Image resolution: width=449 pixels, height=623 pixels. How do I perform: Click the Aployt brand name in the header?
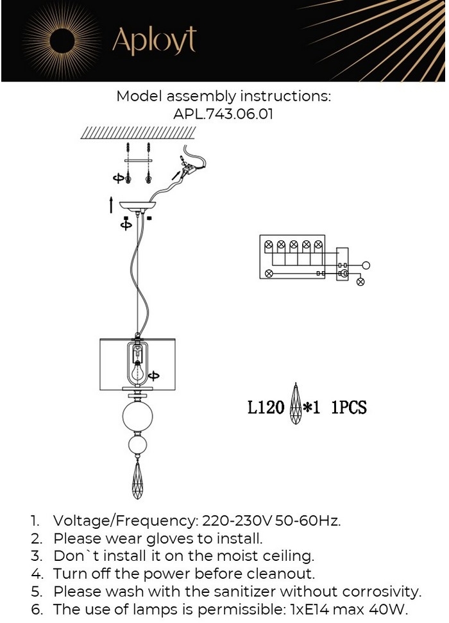[154, 41]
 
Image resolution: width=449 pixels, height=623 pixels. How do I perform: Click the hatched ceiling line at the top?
[138, 133]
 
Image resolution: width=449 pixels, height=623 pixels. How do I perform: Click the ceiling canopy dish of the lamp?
[138, 207]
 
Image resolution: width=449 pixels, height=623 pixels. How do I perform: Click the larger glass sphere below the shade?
[137, 417]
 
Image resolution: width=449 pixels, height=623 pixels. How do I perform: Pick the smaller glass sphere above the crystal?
[137, 445]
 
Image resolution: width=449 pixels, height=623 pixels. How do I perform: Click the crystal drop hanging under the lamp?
[137, 480]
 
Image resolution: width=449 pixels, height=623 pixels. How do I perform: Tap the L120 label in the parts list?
[265, 407]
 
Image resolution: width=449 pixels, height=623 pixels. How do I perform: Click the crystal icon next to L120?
[296, 405]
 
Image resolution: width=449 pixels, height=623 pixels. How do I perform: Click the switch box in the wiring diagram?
[343, 264]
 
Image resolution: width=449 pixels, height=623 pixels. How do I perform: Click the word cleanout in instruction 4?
[280, 573]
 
